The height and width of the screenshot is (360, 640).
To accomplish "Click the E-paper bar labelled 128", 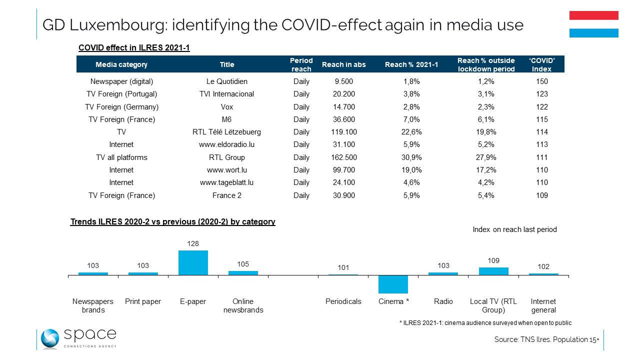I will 193,262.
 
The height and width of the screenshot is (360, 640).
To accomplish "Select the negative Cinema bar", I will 393,284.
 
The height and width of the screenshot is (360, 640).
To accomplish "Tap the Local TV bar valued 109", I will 493,271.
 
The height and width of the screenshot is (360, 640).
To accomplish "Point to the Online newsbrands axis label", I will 243,305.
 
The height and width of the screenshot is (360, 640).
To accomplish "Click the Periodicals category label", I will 343,301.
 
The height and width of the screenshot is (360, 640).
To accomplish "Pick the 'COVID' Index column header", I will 541,64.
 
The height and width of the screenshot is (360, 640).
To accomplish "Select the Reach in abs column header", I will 343,64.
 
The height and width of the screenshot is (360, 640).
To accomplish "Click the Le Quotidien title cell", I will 226,81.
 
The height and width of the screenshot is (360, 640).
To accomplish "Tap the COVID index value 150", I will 541,81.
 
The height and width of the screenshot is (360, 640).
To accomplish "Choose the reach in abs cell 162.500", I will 343,157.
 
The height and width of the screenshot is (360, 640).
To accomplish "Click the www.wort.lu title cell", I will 226,170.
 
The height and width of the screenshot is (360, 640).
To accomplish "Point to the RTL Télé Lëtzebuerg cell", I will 226,132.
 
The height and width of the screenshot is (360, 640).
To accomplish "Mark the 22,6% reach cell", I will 411,132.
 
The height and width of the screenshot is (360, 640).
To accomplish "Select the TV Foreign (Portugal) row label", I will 121,94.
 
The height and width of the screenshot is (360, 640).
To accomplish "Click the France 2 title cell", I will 226,195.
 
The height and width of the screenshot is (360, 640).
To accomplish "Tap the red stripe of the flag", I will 593,15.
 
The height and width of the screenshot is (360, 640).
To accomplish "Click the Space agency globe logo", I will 50,339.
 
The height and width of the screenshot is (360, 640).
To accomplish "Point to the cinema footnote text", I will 485,323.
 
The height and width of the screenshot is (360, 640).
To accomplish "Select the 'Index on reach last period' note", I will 514,229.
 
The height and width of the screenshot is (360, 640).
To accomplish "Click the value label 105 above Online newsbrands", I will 243,264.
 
